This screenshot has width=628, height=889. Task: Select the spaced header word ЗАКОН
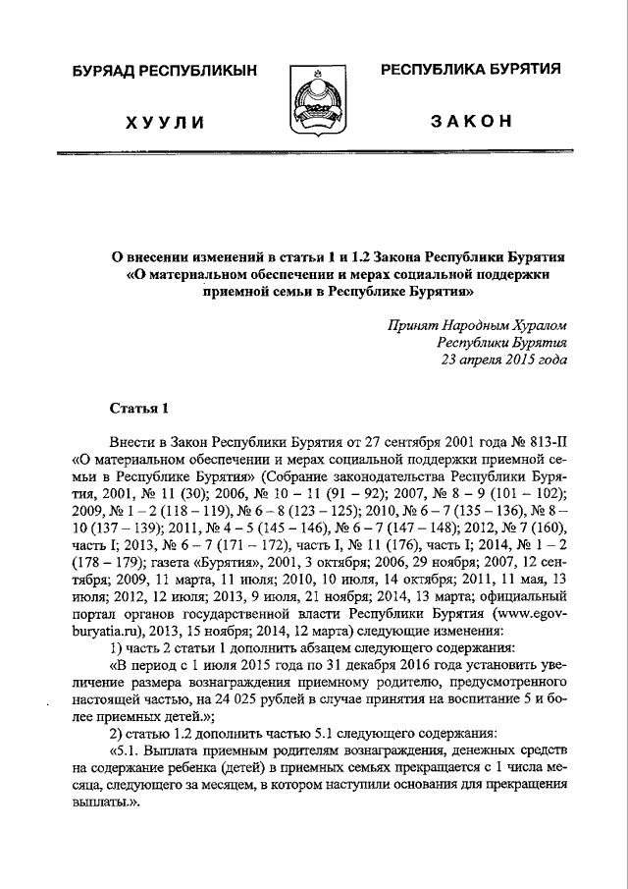pyautogui.click(x=471, y=121)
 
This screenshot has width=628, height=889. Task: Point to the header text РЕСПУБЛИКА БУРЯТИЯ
pyautogui.click(x=471, y=70)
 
